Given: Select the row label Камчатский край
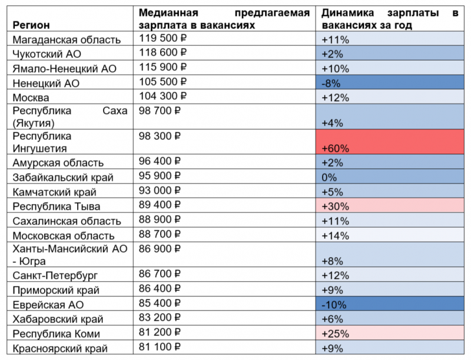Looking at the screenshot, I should [x=54, y=192].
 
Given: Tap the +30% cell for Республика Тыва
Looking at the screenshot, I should [x=335, y=206].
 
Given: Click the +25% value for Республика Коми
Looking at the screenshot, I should [x=335, y=334].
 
